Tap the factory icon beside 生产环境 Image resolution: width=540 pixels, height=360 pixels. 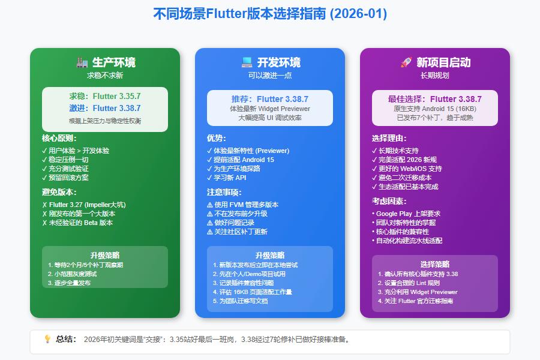click(x=82, y=62)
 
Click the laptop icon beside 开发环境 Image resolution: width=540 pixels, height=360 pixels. click(x=247, y=62)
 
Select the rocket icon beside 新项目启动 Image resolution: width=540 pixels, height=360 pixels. click(x=406, y=62)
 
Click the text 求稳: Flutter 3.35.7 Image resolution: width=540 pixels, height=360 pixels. click(x=104, y=96)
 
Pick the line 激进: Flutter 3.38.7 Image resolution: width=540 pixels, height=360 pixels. click(x=104, y=108)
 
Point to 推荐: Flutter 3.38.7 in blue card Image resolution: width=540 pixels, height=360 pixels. click(x=270, y=99)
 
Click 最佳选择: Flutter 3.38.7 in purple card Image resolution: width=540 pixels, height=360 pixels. click(x=435, y=99)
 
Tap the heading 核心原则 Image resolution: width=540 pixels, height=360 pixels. click(x=59, y=138)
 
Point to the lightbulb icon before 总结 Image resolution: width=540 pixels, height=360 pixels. click(x=47, y=339)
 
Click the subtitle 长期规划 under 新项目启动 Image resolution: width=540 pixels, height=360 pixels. click(x=435, y=76)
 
